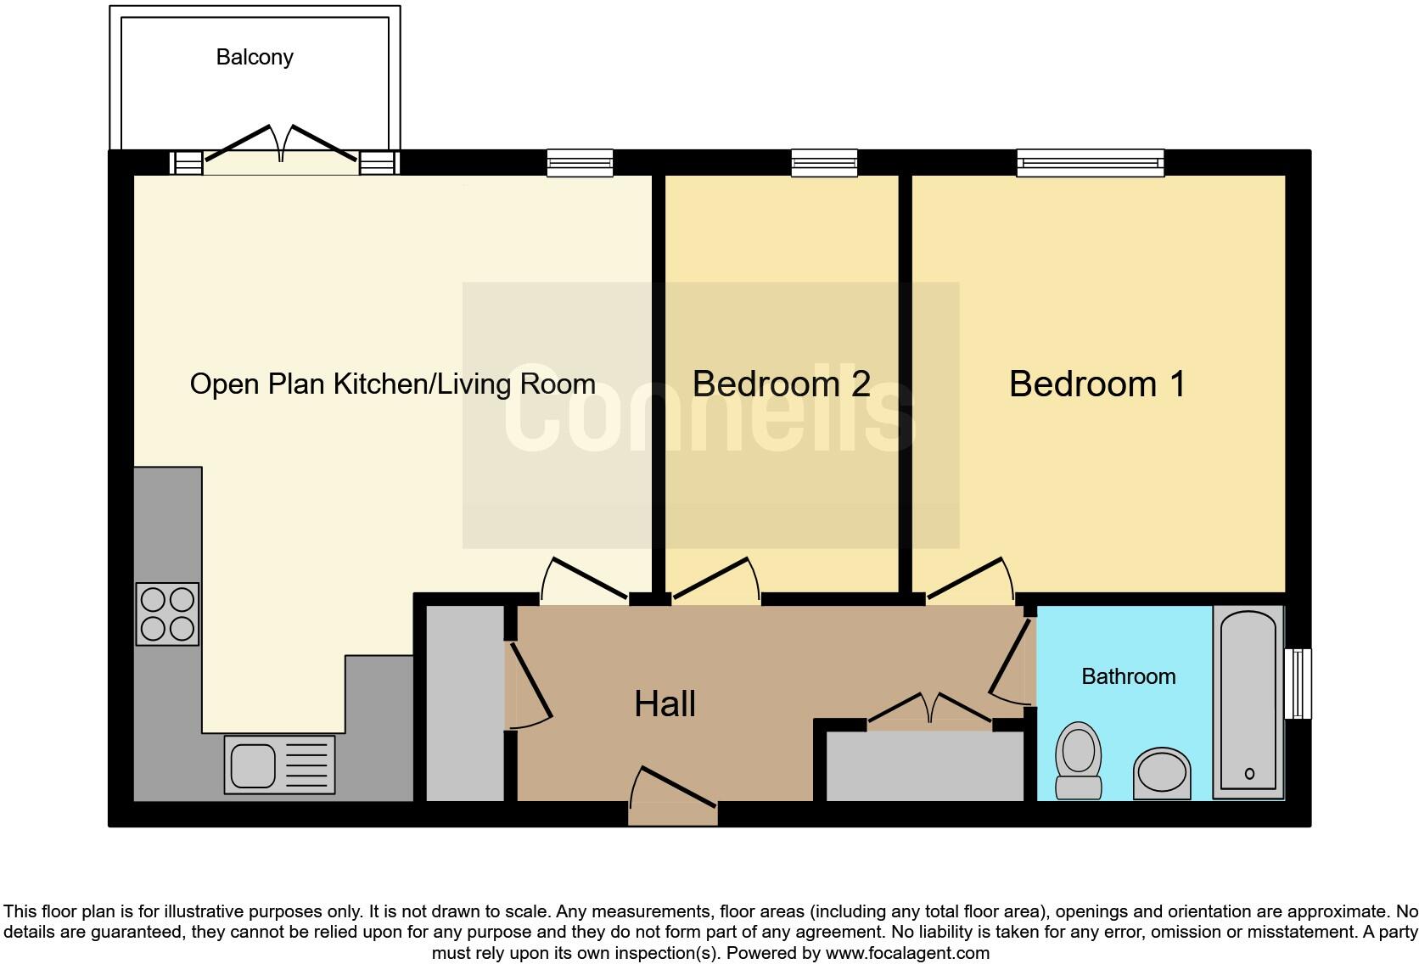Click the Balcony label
[x=255, y=57]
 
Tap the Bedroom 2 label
[x=781, y=384]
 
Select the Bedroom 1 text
[x=1096, y=384]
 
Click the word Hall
[x=665, y=703]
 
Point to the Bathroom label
[x=1128, y=676]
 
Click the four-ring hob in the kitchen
[x=167, y=614]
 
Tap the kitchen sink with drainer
[x=279, y=764]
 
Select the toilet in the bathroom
[x=1078, y=759]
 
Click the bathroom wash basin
[x=1161, y=772]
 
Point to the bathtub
[x=1248, y=701]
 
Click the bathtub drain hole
[x=1249, y=773]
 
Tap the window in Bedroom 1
[x=1090, y=162]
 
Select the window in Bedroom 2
[x=823, y=162]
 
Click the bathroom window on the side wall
[x=1298, y=683]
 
